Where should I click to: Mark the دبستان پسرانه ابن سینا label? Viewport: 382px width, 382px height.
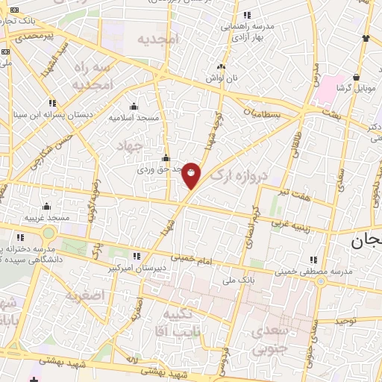pyautogui.click(x=48, y=115)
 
